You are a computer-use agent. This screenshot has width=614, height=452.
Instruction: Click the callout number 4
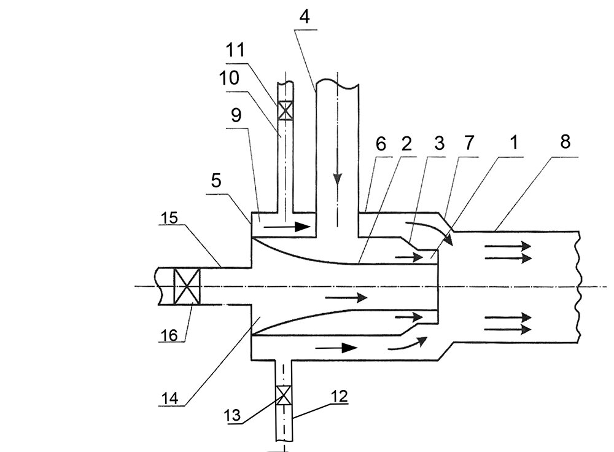point(305,17)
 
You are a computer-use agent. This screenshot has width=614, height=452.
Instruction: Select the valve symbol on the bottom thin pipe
point(282,395)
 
